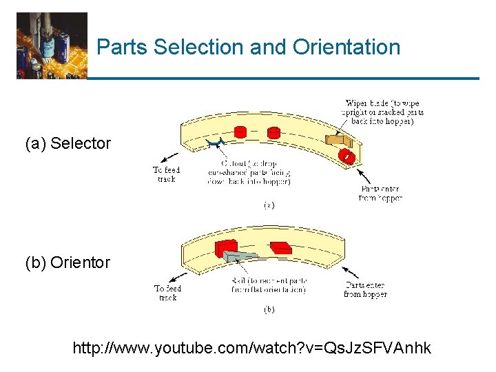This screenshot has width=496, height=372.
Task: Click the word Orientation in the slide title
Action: [x=346, y=48]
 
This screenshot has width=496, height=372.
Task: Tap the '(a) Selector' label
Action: [x=68, y=144]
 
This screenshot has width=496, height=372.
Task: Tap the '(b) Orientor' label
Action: [x=68, y=262]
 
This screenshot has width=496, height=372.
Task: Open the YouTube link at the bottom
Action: [x=251, y=349]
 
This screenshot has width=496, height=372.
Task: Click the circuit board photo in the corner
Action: [x=52, y=45]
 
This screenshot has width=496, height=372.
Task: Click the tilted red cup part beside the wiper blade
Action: [x=349, y=157]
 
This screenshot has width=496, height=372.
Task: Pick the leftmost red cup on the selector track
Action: [x=240, y=132]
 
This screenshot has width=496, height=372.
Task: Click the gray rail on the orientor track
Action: [x=240, y=256]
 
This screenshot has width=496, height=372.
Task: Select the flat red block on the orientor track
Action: [x=279, y=247]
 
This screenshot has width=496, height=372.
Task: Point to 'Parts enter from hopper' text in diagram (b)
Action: [x=365, y=290]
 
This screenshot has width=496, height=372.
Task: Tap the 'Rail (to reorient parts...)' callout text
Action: [x=269, y=286]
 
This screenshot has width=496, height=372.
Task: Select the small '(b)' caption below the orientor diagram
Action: [x=269, y=310]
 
